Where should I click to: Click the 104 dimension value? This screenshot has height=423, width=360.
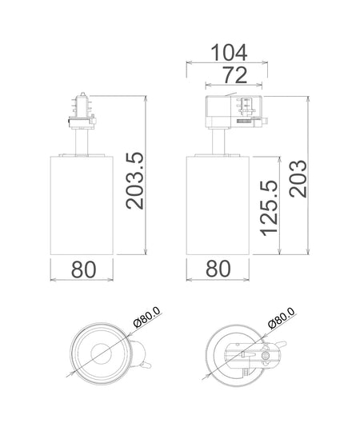point(229,53)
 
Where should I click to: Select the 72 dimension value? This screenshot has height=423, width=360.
point(234,75)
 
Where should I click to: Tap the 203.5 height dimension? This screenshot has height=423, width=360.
point(135,181)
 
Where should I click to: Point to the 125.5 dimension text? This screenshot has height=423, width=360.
point(269,208)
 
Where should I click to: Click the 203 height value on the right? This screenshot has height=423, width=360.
point(298,178)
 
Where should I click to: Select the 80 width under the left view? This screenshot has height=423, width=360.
point(84,269)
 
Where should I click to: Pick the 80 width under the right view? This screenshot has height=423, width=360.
point(218,269)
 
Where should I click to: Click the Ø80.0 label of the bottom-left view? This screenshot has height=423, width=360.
point(147,317)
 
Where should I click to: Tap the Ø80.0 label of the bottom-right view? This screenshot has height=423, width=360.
point(282,317)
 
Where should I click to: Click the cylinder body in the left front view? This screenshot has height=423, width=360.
point(82,206)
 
